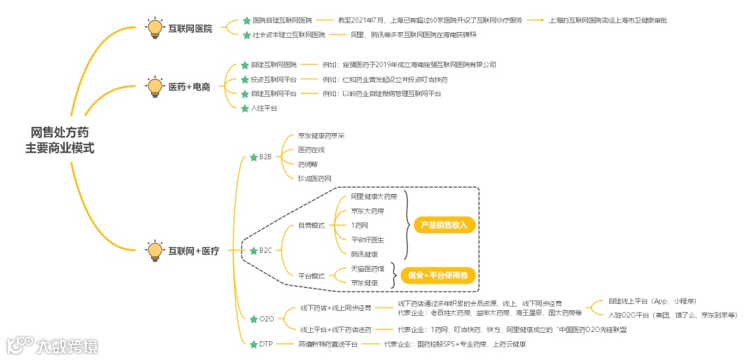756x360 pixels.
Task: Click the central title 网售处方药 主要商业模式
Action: click(x=59, y=140)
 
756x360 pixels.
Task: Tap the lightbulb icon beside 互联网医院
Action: click(x=154, y=28)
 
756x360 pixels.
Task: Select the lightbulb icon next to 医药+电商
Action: click(x=154, y=88)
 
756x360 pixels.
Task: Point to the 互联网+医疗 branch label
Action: click(x=194, y=251)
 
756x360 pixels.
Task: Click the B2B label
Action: click(x=265, y=157)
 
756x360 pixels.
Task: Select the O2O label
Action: click(x=267, y=319)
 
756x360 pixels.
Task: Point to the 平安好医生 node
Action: click(x=367, y=240)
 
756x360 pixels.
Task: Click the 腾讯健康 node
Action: click(x=365, y=254)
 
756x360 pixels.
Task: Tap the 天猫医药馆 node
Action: click(x=367, y=269)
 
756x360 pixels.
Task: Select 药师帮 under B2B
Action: click(x=307, y=164)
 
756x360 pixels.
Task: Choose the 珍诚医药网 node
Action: click(x=314, y=179)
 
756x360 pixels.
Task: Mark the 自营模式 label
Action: click(x=311, y=226)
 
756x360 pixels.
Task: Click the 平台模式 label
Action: click(x=311, y=276)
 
